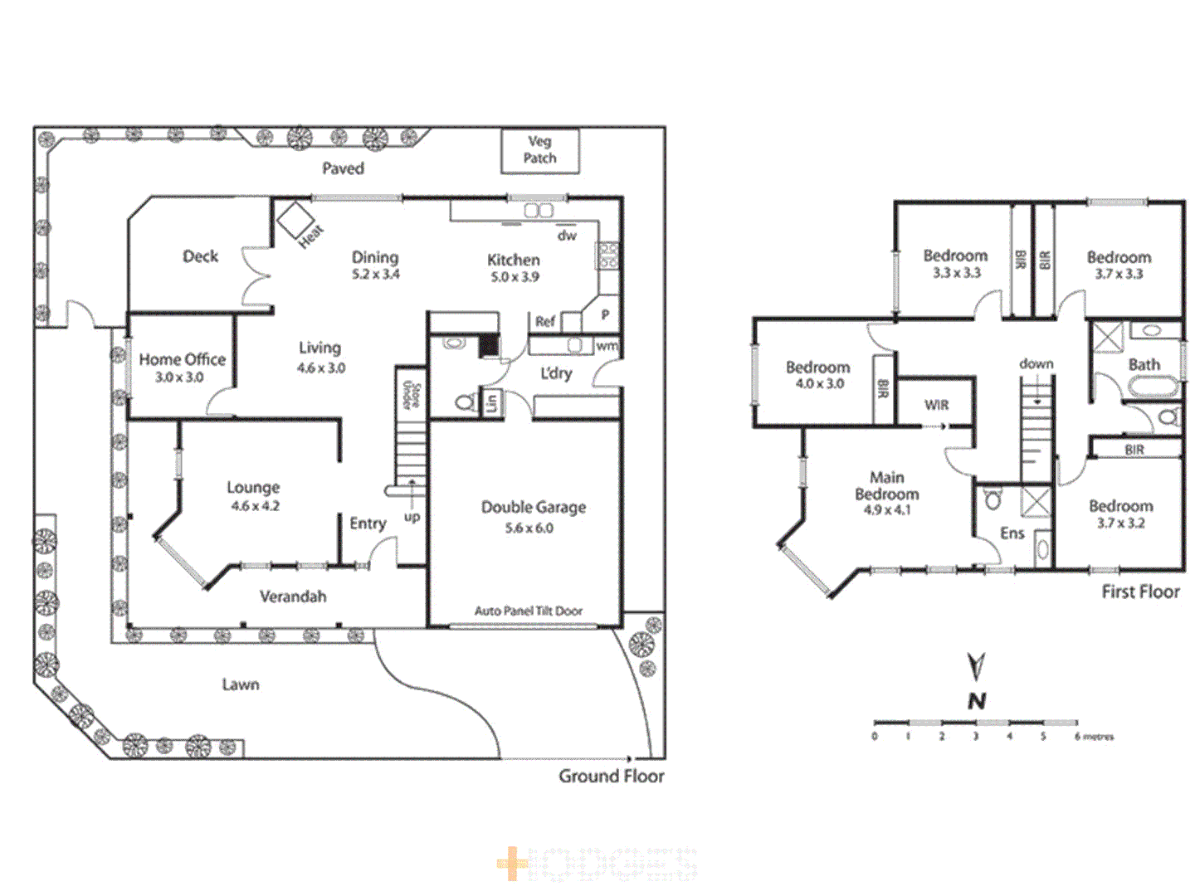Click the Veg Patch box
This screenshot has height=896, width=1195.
(539, 150)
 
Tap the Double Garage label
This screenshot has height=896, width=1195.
(533, 507)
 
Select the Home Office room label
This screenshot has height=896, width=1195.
(182, 359)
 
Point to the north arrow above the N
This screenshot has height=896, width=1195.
(977, 666)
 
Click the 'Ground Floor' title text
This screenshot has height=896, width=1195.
(611, 776)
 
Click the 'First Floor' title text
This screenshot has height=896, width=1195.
(1140, 592)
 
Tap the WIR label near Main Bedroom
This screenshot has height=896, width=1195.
(936, 405)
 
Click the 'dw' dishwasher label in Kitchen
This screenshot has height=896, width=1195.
(567, 236)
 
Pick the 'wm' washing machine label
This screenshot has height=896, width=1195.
(607, 346)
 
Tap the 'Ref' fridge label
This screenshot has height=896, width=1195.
(544, 321)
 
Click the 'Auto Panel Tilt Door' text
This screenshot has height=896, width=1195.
(529, 611)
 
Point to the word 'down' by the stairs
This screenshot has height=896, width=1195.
(1036, 363)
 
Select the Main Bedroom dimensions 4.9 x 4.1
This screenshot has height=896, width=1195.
(886, 510)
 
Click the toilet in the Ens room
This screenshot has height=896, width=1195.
(993, 500)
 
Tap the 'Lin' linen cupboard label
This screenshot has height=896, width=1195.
(491, 403)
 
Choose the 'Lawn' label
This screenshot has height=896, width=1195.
(241, 684)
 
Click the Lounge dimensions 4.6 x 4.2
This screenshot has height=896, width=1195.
(255, 506)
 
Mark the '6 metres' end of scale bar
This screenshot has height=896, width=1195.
(1094, 736)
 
